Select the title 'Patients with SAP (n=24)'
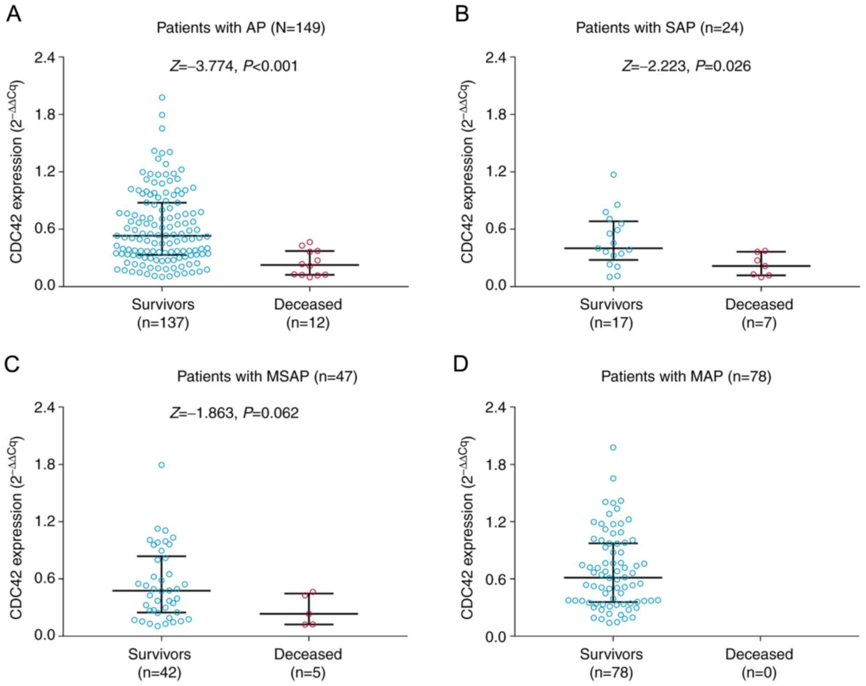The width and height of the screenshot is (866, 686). (659, 28)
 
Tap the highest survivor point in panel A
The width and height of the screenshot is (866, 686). (162, 98)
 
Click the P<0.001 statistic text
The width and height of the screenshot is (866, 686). (270, 66)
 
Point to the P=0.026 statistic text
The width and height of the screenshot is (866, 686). (723, 66)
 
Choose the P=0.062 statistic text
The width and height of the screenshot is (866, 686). (271, 413)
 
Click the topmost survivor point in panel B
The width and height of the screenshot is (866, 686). (614, 175)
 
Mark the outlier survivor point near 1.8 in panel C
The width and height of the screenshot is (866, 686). (162, 465)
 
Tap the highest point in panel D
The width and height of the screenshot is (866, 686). (613, 447)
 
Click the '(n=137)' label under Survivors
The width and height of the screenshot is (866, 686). (163, 323)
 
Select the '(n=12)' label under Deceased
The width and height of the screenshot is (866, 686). (308, 323)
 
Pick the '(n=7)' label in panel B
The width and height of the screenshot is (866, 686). (759, 323)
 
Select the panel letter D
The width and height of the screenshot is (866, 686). (462, 365)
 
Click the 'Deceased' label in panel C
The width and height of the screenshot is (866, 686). (308, 654)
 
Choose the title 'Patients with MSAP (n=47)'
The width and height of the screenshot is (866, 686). (267, 377)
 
